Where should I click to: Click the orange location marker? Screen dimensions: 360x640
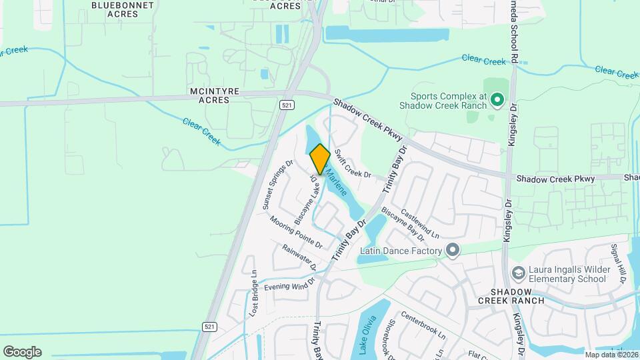[x=320, y=159]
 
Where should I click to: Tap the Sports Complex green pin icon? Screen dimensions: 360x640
[x=496, y=100]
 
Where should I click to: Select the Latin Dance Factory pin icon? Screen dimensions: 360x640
[x=453, y=251]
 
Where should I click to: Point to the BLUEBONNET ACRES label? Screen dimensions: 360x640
[x=123, y=10]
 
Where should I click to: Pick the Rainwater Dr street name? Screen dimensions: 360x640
[x=299, y=257]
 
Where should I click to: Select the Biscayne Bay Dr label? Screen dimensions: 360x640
[x=403, y=223]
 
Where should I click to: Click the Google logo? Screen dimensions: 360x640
[x=22, y=351]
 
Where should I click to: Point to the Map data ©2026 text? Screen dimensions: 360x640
[x=611, y=355]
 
